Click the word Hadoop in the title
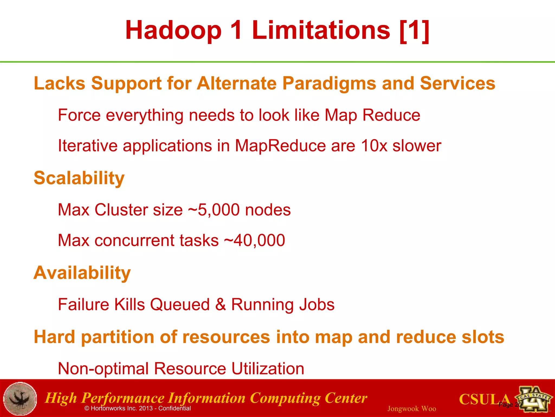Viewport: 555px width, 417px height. (173, 30)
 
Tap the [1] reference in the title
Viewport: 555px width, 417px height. (414, 30)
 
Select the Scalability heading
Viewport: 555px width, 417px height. (79, 178)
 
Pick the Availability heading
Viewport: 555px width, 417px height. (82, 273)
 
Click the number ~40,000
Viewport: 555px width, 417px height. (254, 240)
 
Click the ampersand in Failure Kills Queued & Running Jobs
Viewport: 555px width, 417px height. (220, 304)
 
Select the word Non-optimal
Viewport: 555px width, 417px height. (103, 369)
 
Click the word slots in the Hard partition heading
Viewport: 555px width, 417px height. (483, 337)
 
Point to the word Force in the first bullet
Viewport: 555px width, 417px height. (79, 115)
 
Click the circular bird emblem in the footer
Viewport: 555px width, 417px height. (20, 399)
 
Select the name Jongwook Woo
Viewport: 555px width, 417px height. (411, 409)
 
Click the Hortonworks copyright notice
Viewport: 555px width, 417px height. (138, 408)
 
